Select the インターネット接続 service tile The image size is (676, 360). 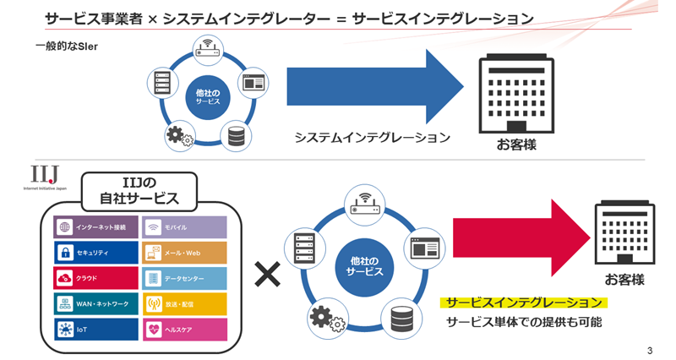click(95, 226)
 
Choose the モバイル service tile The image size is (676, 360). click(184, 226)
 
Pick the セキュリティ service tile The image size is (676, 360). click(95, 252)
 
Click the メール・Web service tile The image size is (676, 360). click(184, 252)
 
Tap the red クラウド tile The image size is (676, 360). click(95, 277)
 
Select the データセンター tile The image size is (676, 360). click(184, 277)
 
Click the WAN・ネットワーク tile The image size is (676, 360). click(95, 303)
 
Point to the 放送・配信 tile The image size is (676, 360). click(184, 303)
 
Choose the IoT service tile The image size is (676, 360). click(95, 328)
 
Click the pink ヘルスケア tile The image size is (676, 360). click(184, 328)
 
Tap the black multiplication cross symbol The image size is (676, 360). click(267, 273)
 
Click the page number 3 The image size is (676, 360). click(649, 350)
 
